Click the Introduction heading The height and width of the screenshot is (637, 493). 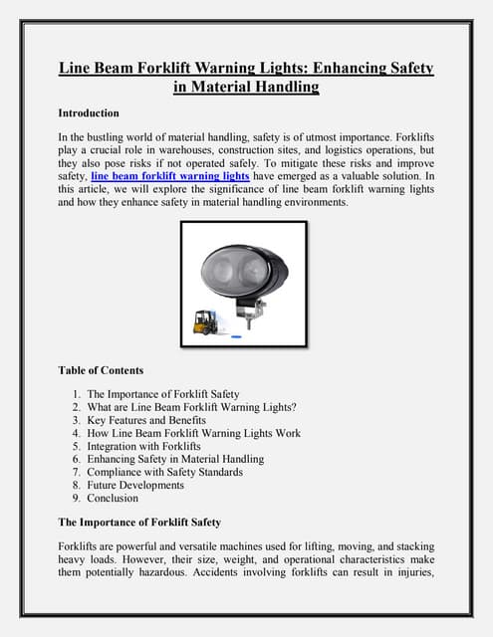coord(89,112)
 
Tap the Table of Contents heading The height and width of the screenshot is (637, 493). coord(101,370)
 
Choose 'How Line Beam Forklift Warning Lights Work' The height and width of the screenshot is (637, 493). coord(193,433)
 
